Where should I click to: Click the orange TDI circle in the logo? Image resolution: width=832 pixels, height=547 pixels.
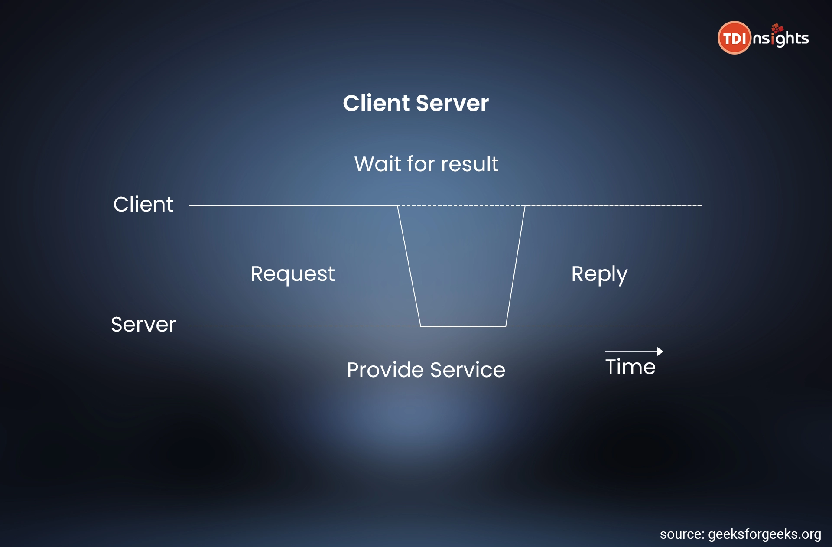[734, 38]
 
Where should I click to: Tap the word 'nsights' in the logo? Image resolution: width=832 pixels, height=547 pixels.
[780, 36]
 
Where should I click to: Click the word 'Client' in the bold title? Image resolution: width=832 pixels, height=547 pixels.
[377, 103]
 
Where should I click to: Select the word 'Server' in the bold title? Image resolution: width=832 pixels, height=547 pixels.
[452, 103]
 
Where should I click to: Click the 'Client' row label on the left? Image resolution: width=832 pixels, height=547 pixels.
[143, 204]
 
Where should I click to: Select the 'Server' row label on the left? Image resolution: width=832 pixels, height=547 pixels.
[143, 324]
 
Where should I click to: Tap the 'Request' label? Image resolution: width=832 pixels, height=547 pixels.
[292, 274]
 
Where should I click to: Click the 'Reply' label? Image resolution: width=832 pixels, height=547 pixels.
[599, 274]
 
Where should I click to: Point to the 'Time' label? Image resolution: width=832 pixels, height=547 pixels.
[630, 367]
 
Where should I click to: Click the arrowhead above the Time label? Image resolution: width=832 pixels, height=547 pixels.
[660, 352]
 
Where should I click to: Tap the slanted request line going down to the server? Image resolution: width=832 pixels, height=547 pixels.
[409, 266]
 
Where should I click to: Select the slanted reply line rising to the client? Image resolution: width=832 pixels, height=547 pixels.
[515, 266]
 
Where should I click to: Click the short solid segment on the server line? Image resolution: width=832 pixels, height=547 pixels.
[463, 326]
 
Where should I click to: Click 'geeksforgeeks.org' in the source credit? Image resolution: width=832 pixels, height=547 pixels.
[764, 534]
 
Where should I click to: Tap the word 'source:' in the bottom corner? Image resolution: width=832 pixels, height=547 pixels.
[682, 534]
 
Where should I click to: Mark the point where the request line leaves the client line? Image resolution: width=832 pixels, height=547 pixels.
[397, 206]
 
